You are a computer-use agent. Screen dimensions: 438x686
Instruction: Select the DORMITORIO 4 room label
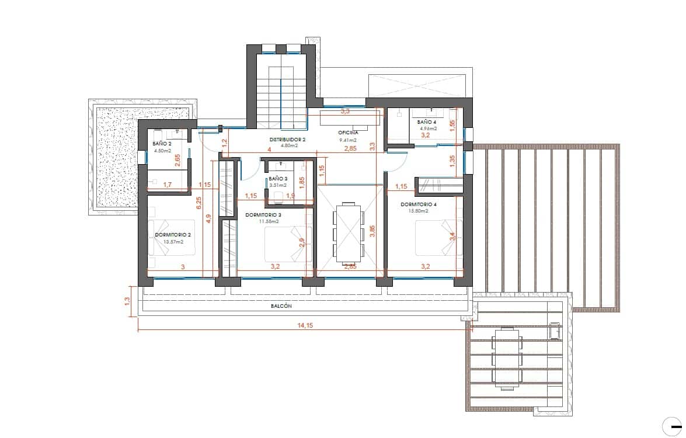click(x=419, y=204)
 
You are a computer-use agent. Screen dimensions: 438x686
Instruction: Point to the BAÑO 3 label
click(x=278, y=179)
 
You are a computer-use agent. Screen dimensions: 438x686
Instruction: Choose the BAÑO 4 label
click(x=427, y=122)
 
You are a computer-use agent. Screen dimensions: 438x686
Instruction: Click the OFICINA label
click(x=348, y=133)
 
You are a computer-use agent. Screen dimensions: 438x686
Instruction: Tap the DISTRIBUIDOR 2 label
click(x=287, y=140)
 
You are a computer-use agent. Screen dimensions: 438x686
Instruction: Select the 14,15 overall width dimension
click(x=305, y=326)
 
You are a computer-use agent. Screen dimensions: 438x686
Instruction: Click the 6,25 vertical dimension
click(x=199, y=203)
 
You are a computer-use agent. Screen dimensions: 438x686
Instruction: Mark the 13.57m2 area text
click(x=173, y=242)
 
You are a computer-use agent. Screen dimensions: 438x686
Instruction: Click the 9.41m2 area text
click(x=348, y=140)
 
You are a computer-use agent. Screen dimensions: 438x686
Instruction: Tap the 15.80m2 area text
click(x=419, y=211)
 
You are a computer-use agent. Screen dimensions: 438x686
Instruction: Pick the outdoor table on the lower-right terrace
click(x=506, y=357)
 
